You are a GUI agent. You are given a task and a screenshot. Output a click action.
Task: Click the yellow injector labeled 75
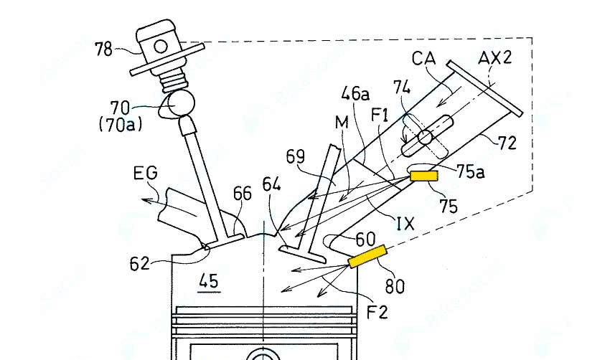coord(425,174)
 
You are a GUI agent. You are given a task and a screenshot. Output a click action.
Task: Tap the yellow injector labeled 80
coord(367,256)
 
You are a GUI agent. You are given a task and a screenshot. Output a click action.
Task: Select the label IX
coord(405,223)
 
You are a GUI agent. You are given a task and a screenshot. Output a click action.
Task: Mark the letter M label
coord(341,123)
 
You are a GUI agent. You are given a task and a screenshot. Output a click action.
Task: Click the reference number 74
coord(402,87)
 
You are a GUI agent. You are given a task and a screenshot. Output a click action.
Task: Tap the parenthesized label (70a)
coord(119,125)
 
